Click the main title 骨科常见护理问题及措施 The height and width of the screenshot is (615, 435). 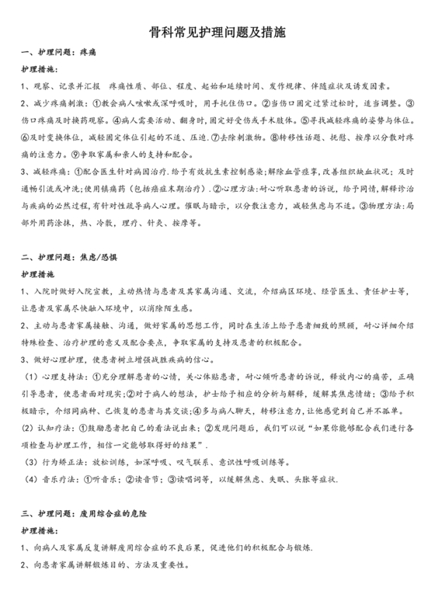[x=217, y=33]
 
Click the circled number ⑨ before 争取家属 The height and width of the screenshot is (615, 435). [x=74, y=155]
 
